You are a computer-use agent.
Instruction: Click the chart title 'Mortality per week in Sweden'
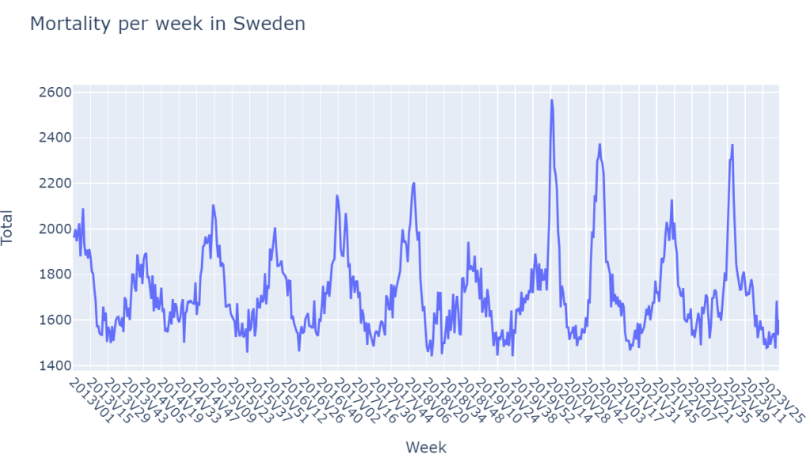click(x=167, y=25)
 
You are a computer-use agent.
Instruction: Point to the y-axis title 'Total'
click(x=7, y=228)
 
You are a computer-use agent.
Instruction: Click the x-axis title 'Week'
click(x=426, y=447)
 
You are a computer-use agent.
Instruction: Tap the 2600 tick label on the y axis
click(x=55, y=93)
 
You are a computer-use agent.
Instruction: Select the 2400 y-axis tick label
click(x=55, y=138)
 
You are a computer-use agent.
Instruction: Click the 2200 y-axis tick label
click(x=55, y=184)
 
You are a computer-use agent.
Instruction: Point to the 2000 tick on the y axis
click(x=55, y=229)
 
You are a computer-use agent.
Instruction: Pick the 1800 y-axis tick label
click(x=55, y=274)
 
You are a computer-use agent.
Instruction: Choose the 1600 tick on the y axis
click(x=55, y=320)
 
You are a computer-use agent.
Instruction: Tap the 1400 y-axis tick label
click(x=55, y=365)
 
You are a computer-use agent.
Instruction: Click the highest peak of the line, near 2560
click(x=551, y=100)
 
